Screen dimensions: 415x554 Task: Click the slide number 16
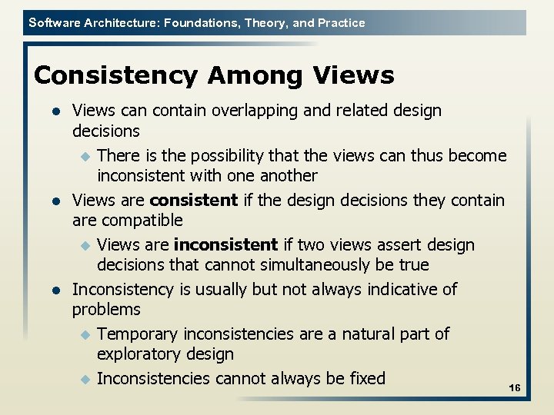[x=515, y=389]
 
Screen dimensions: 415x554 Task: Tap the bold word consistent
[x=193, y=201]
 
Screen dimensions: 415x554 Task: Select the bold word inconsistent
[x=225, y=245]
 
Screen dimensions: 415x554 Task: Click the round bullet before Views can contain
[x=55, y=111]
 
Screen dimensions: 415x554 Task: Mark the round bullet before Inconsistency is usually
[x=55, y=290]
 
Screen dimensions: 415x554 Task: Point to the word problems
[x=106, y=310]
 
